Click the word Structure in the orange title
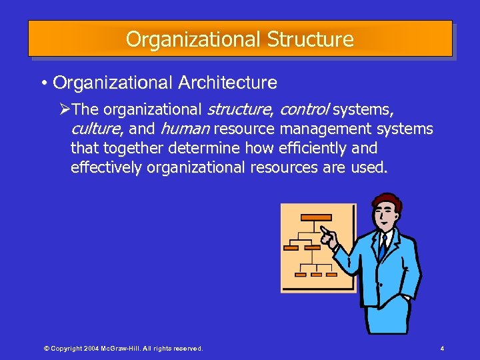point(310,39)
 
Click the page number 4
point(442,349)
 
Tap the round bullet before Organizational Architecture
point(43,83)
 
